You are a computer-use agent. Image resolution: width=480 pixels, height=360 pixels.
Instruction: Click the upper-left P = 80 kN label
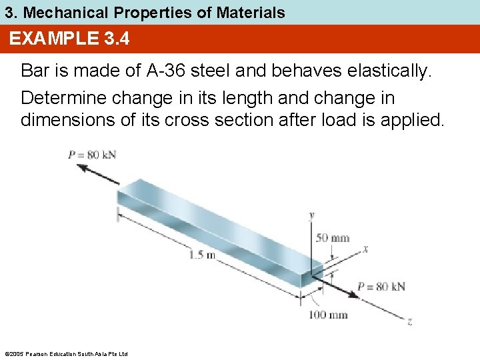pyautogui.click(x=92, y=155)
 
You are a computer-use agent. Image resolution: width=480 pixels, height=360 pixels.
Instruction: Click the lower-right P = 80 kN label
pyautogui.click(x=381, y=287)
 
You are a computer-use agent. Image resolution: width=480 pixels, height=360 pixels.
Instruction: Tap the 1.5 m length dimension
pyautogui.click(x=202, y=254)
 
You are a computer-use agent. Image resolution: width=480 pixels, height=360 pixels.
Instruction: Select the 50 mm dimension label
pyautogui.click(x=332, y=238)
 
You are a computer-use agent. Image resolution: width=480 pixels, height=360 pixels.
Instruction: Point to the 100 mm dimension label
pyautogui.click(x=328, y=315)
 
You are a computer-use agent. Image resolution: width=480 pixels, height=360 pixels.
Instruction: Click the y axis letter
pyautogui.click(x=312, y=215)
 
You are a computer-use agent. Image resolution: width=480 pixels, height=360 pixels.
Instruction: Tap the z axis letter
pyautogui.click(x=409, y=322)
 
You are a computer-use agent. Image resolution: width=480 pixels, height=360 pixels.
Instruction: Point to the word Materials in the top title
pyautogui.click(x=249, y=12)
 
